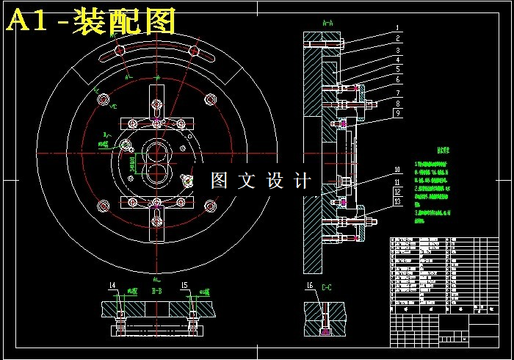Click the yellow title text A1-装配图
tap(91, 21)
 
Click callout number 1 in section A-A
tap(397, 28)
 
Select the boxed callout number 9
tap(397, 113)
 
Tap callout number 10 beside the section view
tap(397, 170)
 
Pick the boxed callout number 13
tap(397, 201)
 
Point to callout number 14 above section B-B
tap(112, 284)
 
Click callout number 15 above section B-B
tap(185, 284)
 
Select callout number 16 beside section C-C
tap(310, 285)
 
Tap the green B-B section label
tap(156, 292)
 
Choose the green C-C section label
tap(327, 289)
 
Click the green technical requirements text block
tap(433, 184)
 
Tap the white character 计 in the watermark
tap(302, 181)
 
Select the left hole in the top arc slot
tap(119, 51)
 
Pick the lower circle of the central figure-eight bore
tap(156, 173)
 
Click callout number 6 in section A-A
tap(397, 79)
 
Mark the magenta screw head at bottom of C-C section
tap(326, 332)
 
